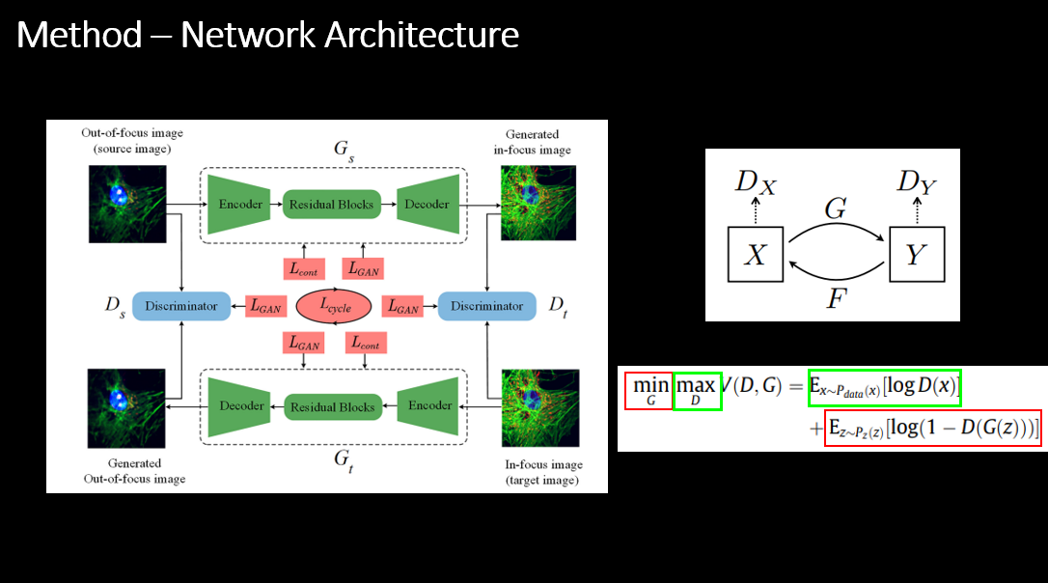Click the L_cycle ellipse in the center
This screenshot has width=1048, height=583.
[x=335, y=306]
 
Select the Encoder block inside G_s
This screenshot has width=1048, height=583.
[x=240, y=204]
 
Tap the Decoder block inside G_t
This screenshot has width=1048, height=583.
[x=240, y=405]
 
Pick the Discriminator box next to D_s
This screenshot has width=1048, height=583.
[x=181, y=306]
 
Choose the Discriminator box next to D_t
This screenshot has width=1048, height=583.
[x=486, y=306]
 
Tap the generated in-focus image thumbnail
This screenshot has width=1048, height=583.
[x=539, y=203]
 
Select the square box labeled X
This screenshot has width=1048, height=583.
[x=756, y=254]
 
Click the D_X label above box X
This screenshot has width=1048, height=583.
[x=755, y=182]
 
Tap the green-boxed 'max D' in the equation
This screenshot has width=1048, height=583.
[x=696, y=389]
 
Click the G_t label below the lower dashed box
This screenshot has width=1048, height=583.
[x=342, y=458]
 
